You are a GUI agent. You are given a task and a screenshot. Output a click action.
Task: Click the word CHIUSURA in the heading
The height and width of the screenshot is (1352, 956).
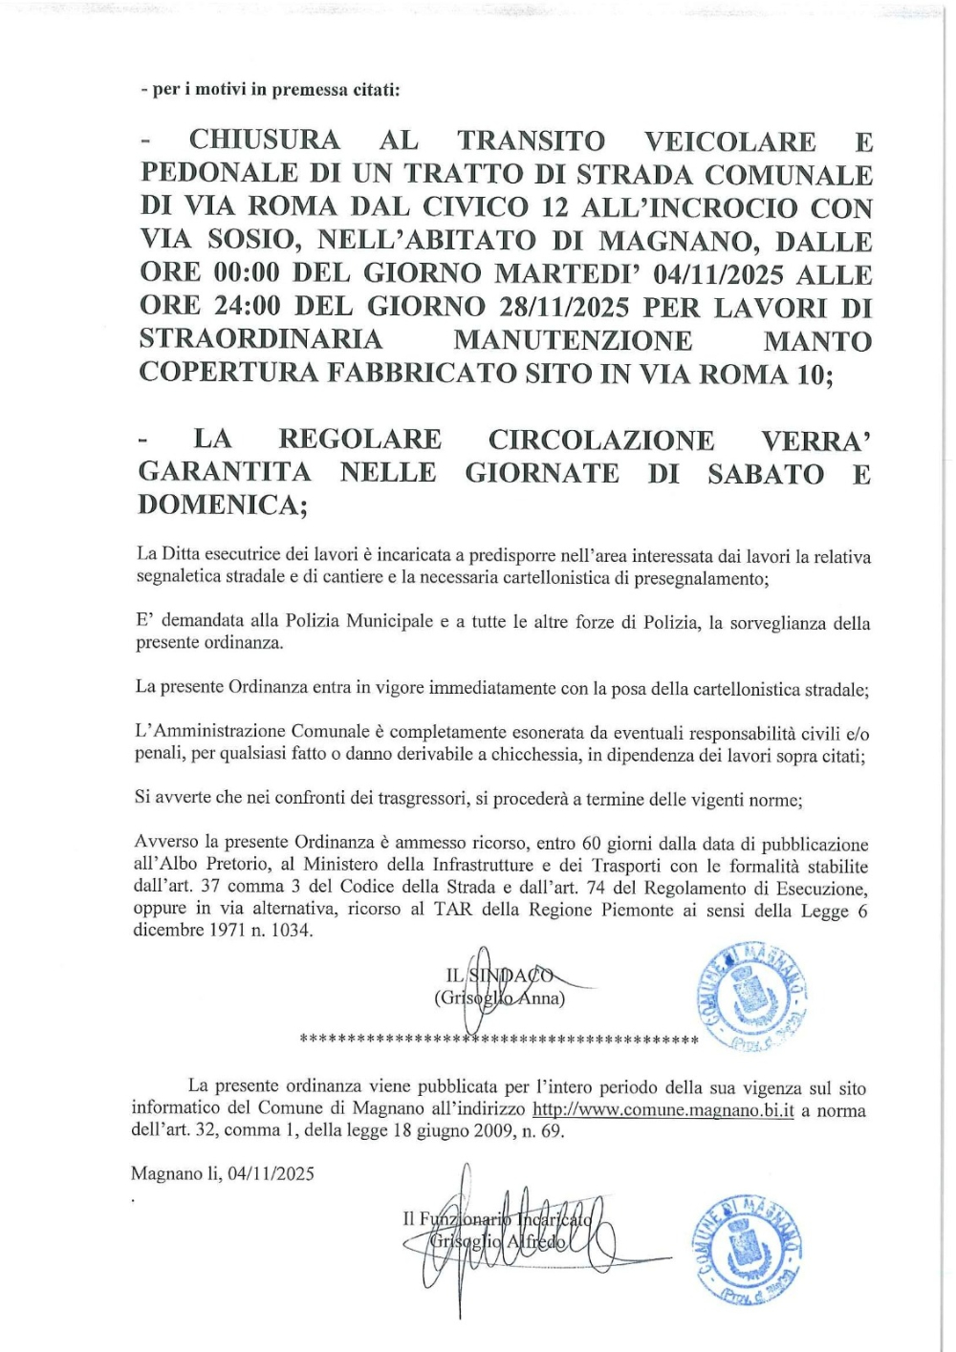[264, 140]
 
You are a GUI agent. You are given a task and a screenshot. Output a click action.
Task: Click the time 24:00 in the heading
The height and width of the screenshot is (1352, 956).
[248, 308]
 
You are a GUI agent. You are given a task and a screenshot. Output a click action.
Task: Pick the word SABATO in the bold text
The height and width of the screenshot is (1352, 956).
[765, 474]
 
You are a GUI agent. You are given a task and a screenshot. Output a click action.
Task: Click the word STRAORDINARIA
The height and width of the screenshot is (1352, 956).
[261, 340]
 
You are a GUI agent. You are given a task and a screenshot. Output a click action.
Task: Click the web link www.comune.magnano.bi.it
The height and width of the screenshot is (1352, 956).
[663, 1110]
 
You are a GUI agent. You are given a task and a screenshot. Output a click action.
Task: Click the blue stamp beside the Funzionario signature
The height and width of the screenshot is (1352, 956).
[745, 1248]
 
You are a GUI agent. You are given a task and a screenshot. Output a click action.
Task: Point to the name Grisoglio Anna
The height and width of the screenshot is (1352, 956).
[499, 998]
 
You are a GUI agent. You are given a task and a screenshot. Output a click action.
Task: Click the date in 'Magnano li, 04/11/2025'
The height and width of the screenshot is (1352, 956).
[272, 1173]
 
